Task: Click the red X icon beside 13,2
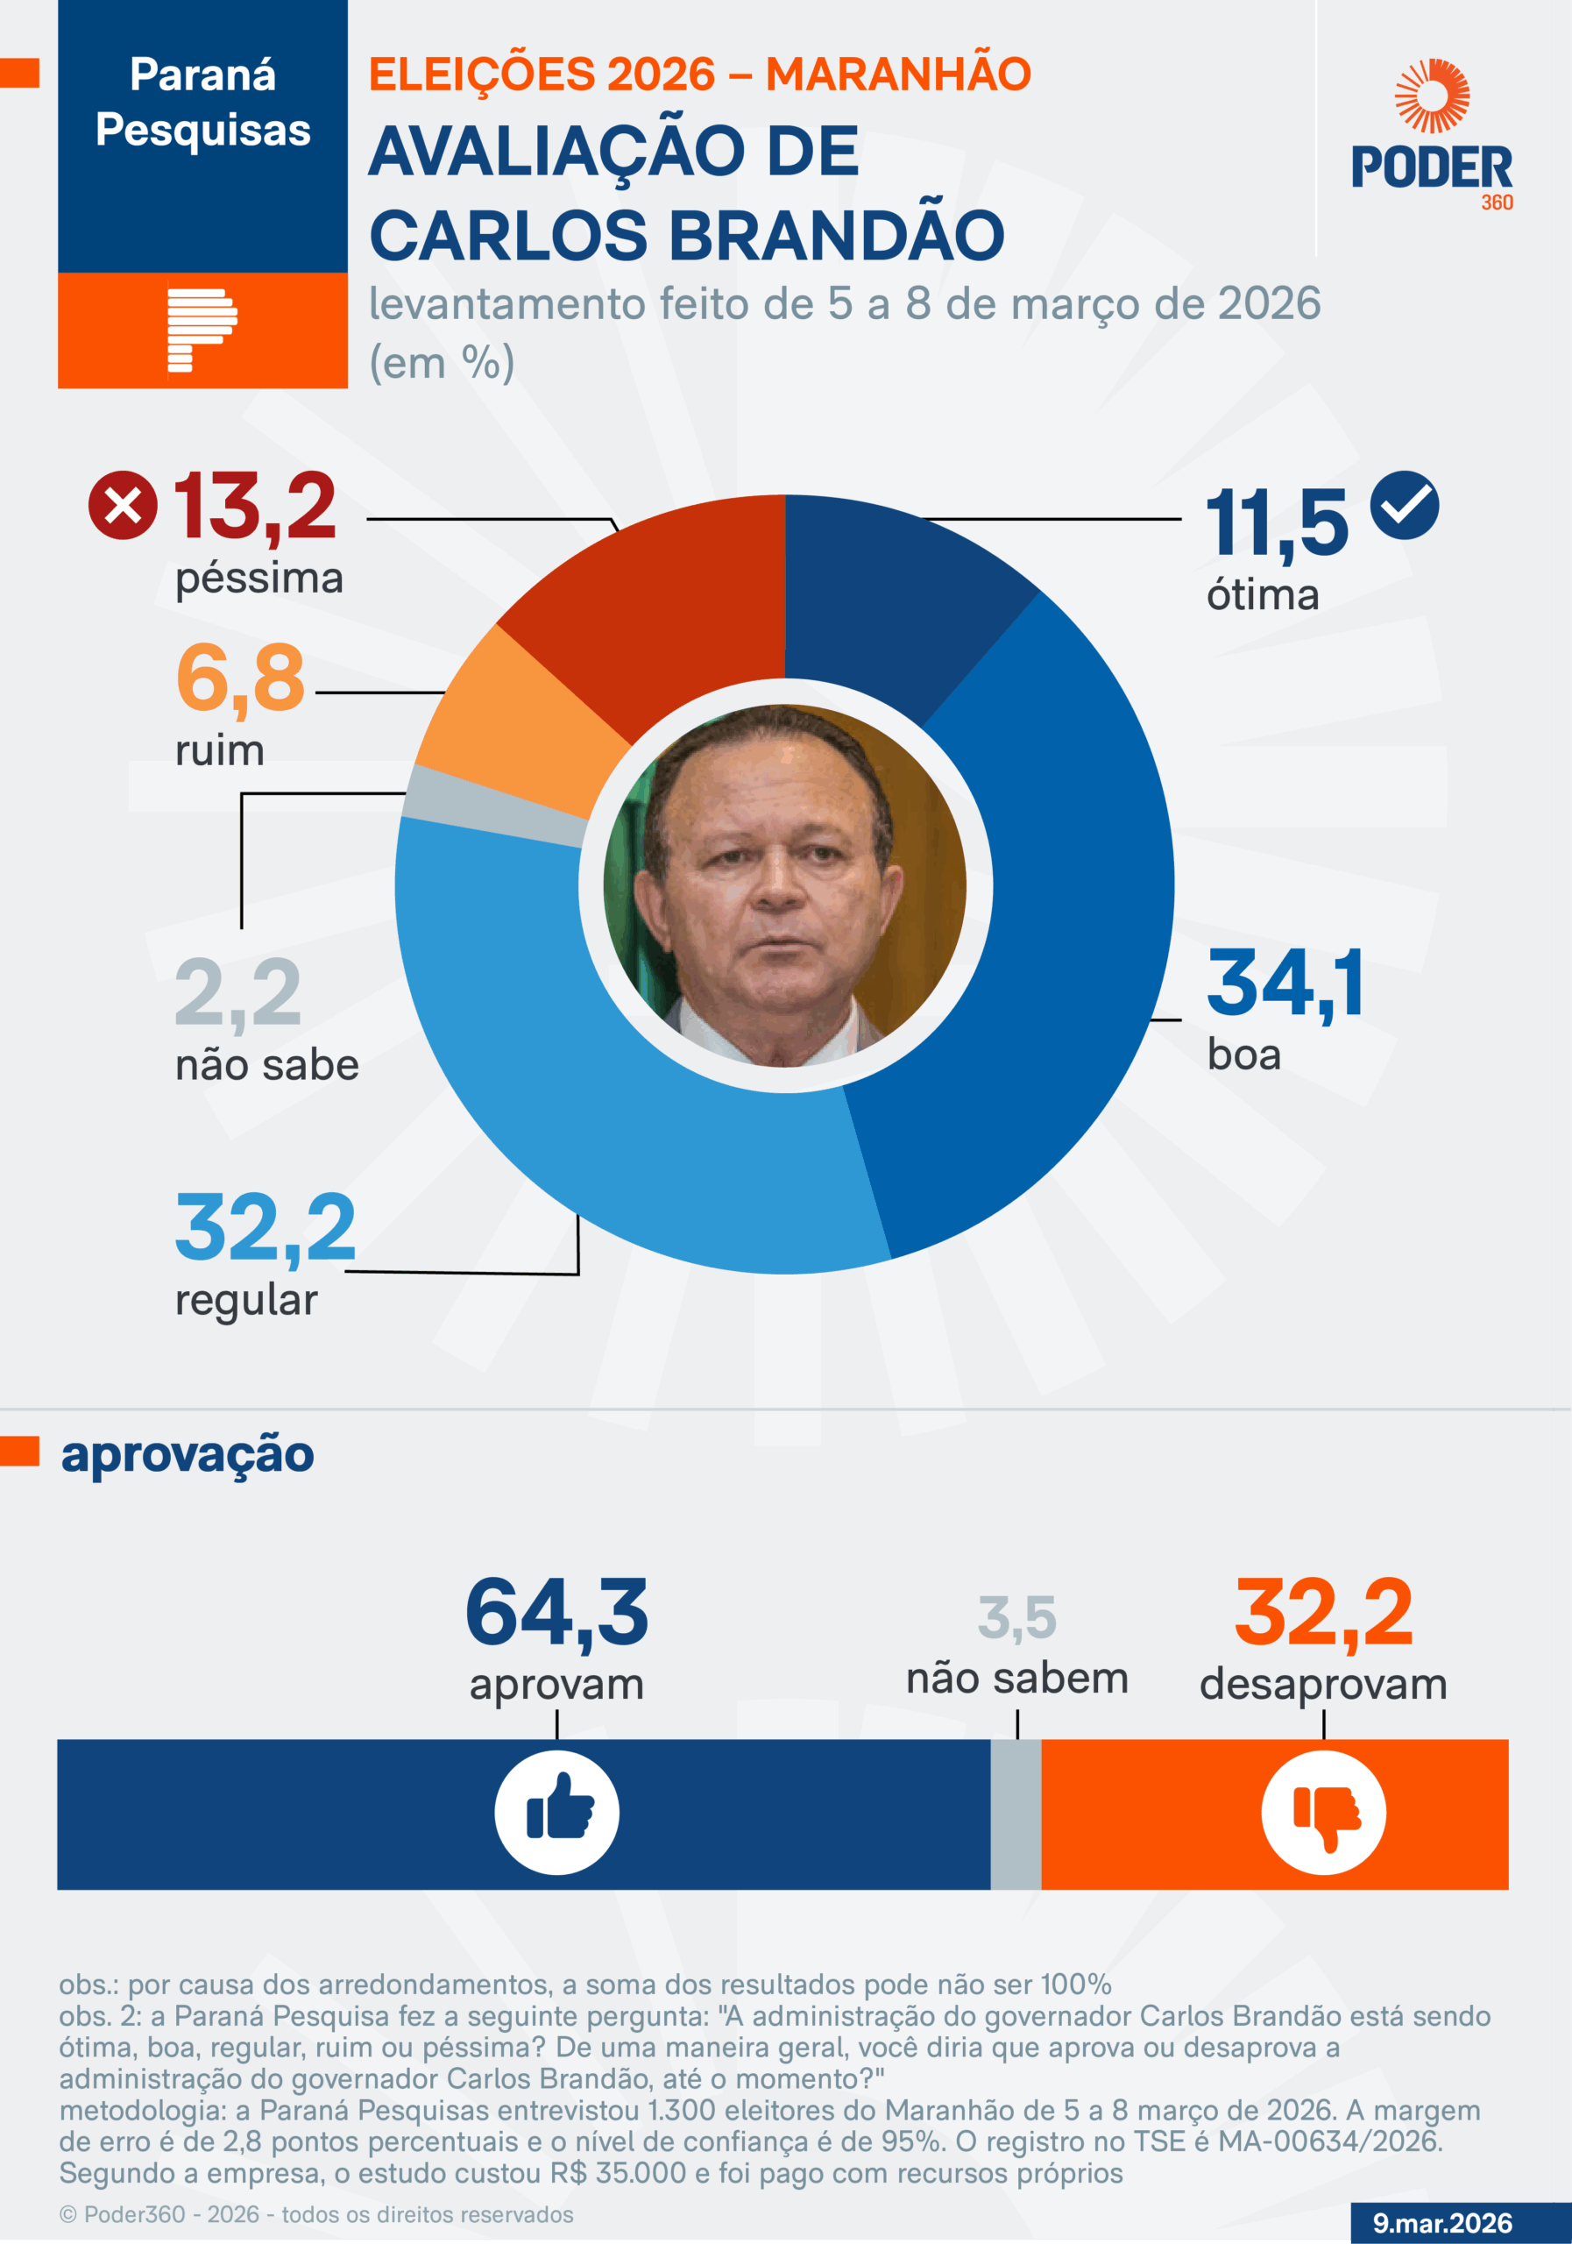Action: point(123,504)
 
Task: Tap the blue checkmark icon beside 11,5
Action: point(1404,504)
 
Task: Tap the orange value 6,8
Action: point(240,678)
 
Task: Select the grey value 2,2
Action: point(237,993)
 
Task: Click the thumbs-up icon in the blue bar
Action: point(557,1812)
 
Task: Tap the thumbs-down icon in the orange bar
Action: point(1324,1812)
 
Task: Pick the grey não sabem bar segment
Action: point(1016,1813)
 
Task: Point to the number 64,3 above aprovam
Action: point(557,1613)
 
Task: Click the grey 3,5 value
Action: point(1017,1617)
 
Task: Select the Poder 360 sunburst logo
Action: point(1433,96)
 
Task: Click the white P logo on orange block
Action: point(202,330)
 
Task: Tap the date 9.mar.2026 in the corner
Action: point(1442,2222)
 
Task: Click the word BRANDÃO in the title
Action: point(836,236)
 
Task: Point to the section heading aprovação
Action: point(188,1454)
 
